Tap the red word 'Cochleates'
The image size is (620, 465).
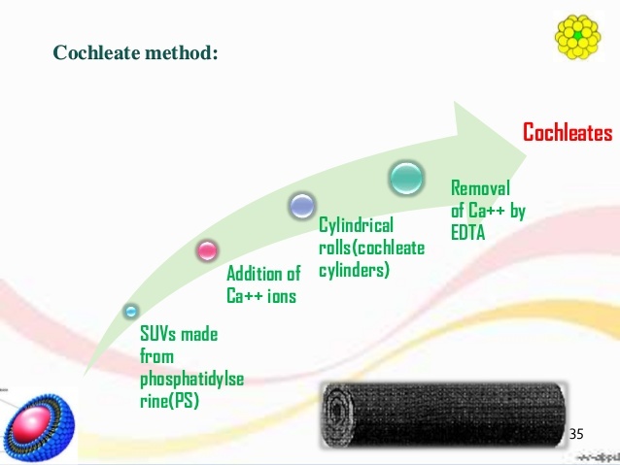(x=567, y=133)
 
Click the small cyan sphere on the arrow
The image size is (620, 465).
(x=131, y=312)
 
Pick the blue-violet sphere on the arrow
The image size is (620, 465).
(x=301, y=205)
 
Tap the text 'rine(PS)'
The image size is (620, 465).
(x=169, y=399)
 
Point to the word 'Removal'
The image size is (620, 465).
(x=481, y=187)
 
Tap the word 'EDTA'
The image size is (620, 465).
(x=467, y=231)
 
